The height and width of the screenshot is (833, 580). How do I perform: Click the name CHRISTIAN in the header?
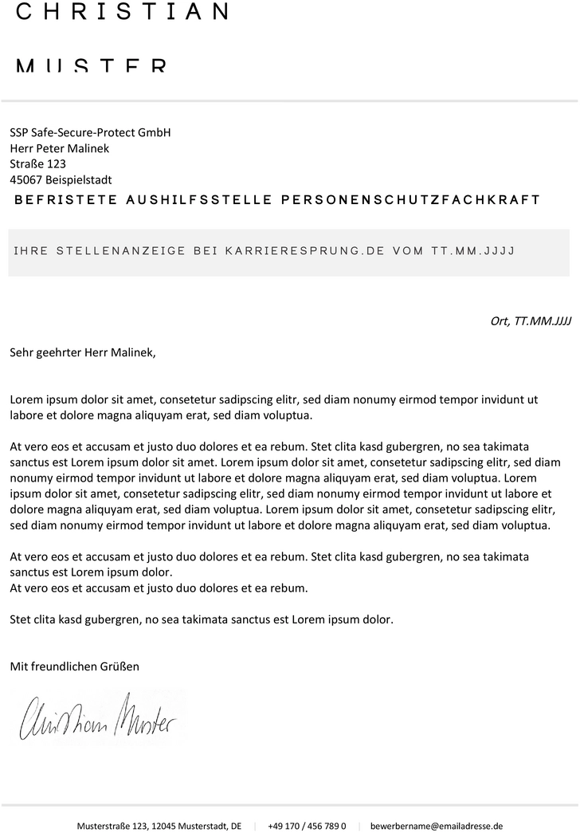pyautogui.click(x=122, y=12)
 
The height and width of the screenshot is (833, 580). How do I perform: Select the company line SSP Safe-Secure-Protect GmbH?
pyautogui.click(x=90, y=132)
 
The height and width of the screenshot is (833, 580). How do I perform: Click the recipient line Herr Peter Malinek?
pyautogui.click(x=60, y=148)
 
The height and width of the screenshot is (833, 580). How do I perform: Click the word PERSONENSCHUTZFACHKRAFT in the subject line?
pyautogui.click(x=411, y=199)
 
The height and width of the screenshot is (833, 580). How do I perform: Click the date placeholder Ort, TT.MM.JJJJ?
pyautogui.click(x=531, y=322)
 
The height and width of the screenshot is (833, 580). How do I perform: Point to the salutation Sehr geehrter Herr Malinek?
pyautogui.click(x=83, y=352)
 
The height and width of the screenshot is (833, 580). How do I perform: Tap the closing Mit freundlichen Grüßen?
pyautogui.click(x=74, y=666)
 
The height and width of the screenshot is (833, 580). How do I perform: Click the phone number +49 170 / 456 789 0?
pyautogui.click(x=307, y=827)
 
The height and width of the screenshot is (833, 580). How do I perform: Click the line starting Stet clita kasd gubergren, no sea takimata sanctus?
pyautogui.click(x=202, y=619)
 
